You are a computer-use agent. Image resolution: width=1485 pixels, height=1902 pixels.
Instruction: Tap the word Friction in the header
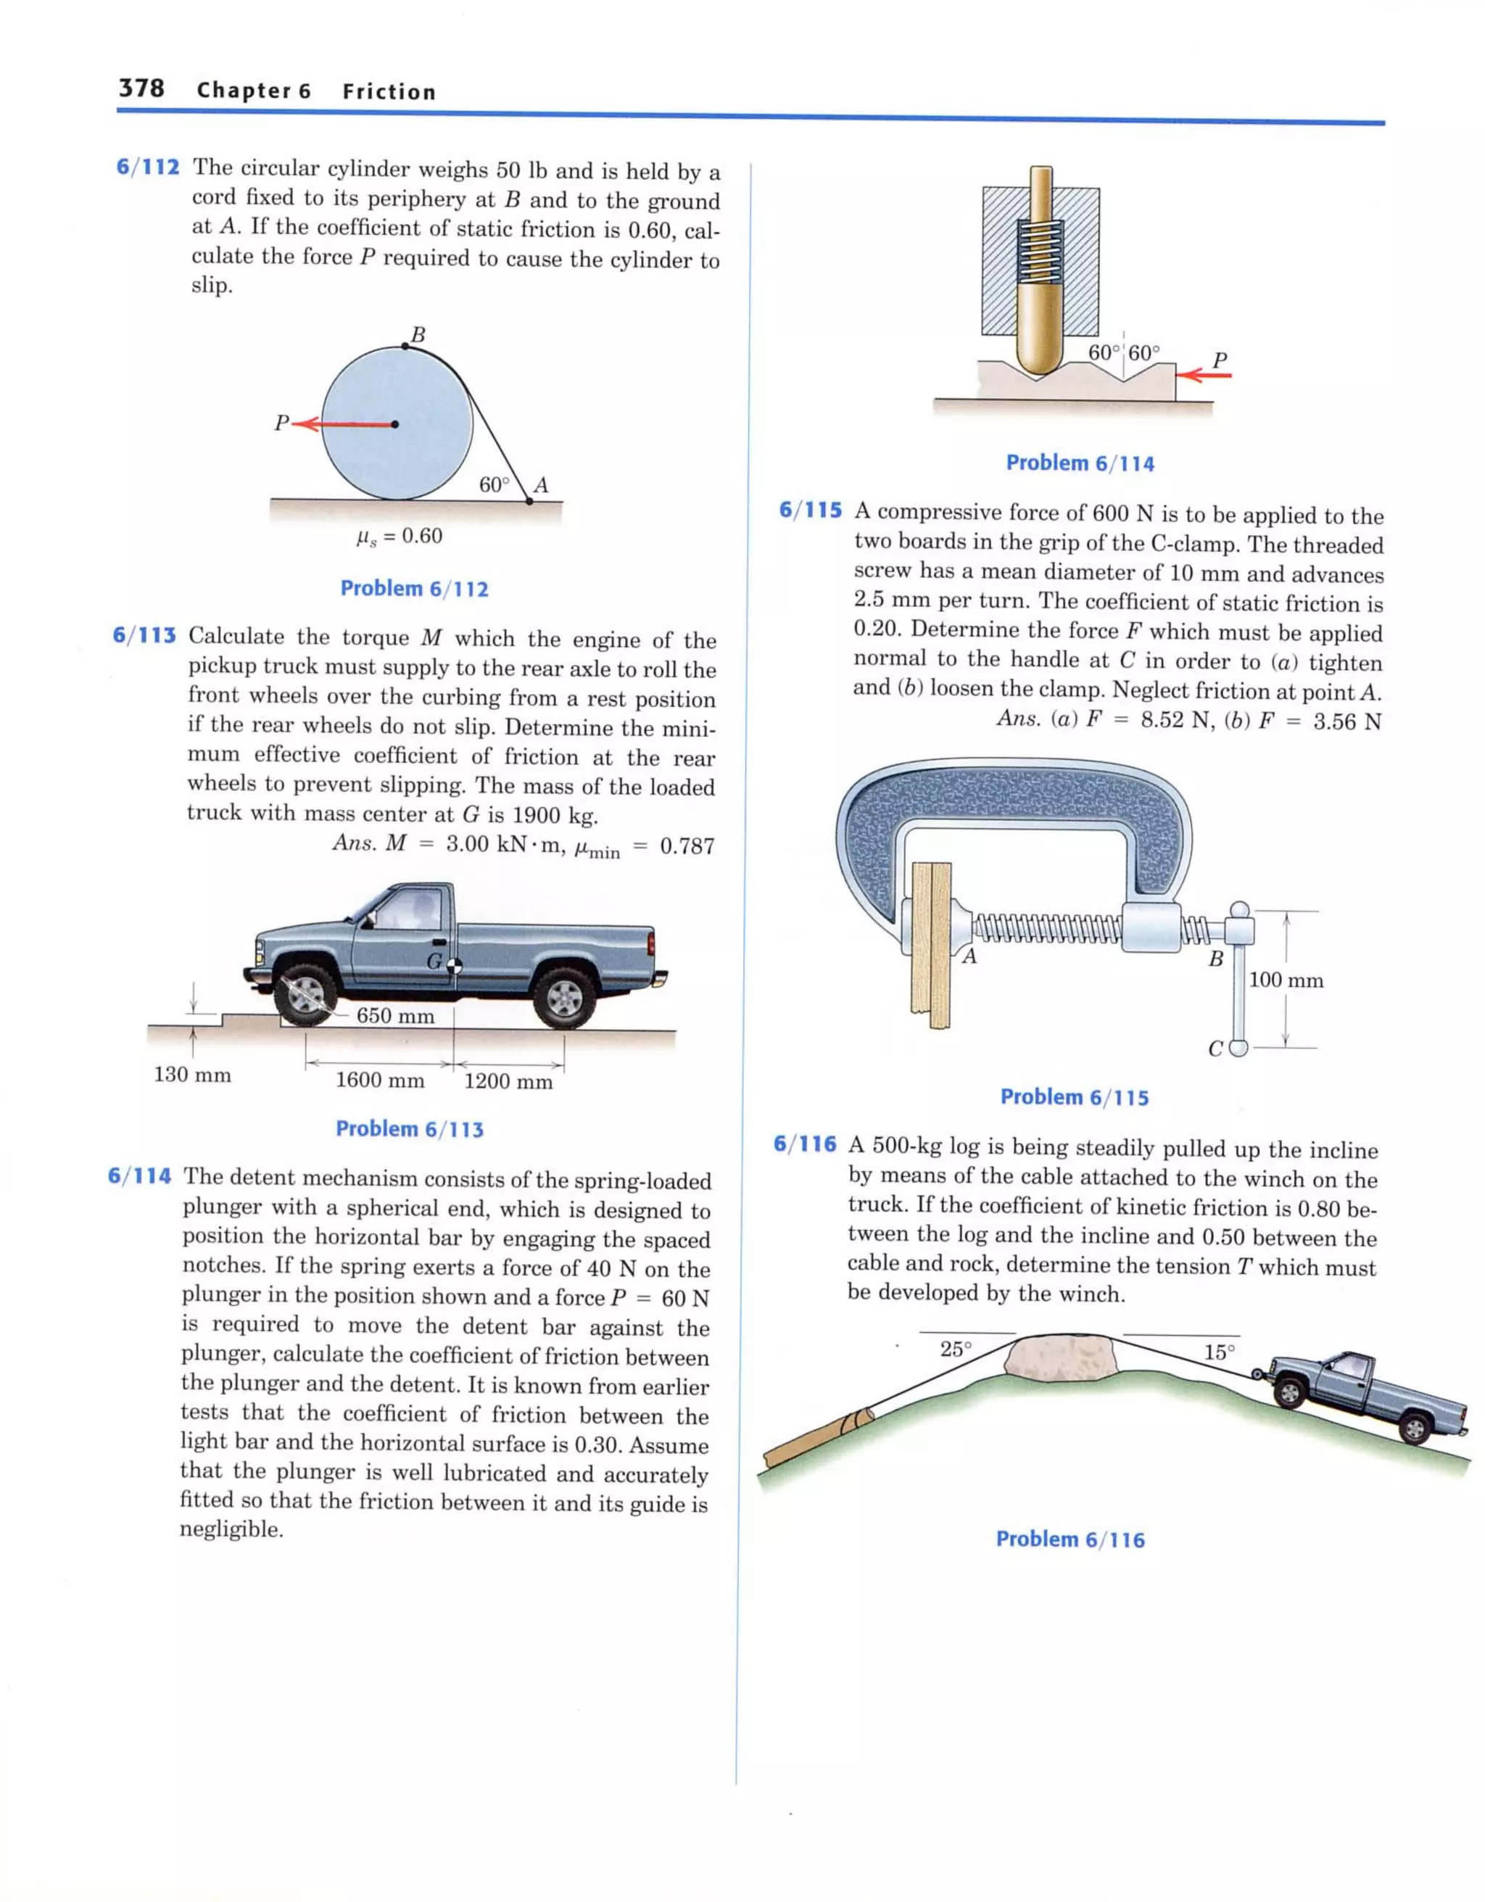[389, 91]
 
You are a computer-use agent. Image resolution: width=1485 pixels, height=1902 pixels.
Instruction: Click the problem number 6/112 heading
[148, 168]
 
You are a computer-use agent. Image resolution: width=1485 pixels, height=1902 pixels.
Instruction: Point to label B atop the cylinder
[418, 334]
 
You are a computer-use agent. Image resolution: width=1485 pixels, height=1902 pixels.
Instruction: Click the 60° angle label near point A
[494, 484]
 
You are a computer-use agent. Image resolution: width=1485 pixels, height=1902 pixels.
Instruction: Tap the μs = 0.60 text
[400, 536]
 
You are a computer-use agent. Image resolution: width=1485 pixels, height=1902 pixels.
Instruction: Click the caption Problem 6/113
[410, 1129]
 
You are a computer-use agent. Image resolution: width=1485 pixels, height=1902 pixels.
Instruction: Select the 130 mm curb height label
[192, 1075]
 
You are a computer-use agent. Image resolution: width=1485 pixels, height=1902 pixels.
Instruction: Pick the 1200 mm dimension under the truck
[508, 1082]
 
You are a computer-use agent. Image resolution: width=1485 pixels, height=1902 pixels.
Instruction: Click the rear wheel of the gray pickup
[564, 997]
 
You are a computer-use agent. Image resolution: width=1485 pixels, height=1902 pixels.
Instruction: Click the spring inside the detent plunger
[1041, 252]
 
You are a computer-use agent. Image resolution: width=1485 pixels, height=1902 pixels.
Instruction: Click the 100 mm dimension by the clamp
[1286, 980]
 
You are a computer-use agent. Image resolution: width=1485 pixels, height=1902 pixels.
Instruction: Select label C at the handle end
[1216, 1049]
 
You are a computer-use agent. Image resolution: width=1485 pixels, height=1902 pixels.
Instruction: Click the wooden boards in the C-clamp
[931, 945]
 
